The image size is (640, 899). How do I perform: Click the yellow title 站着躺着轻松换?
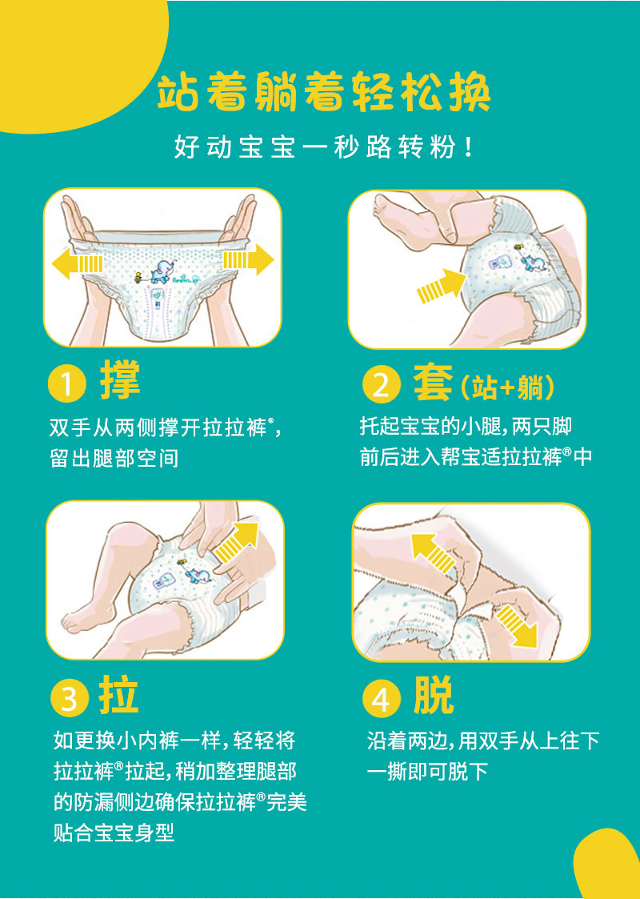[x=324, y=94]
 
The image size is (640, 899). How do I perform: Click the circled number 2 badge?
[x=380, y=385]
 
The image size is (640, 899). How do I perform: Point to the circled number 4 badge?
[x=381, y=700]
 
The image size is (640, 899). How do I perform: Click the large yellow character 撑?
[x=120, y=380]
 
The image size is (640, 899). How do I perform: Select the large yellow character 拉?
[x=119, y=695]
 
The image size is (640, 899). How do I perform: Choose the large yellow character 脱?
[x=433, y=695]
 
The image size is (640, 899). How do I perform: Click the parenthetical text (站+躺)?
[x=507, y=387]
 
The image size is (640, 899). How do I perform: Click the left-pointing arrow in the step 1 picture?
[x=78, y=263]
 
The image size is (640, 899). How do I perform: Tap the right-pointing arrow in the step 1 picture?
[x=248, y=259]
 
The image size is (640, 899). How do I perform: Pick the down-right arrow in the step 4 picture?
[x=517, y=625]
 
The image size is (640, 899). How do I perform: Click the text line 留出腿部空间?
[x=114, y=459]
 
